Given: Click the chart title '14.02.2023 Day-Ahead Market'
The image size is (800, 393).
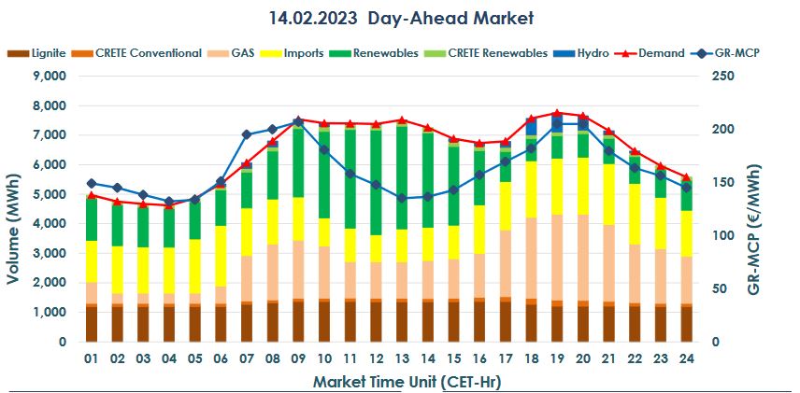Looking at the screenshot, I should tap(399, 18).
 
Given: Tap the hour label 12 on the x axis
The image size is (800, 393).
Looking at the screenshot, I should tap(376, 358).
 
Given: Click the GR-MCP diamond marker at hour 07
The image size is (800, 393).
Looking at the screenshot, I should tap(247, 134).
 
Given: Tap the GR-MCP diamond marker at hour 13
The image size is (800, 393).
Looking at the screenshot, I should tap(402, 198).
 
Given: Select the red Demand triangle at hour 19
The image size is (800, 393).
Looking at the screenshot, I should tap(557, 113).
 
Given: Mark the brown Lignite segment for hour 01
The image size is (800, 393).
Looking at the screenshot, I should tap(92, 324).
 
